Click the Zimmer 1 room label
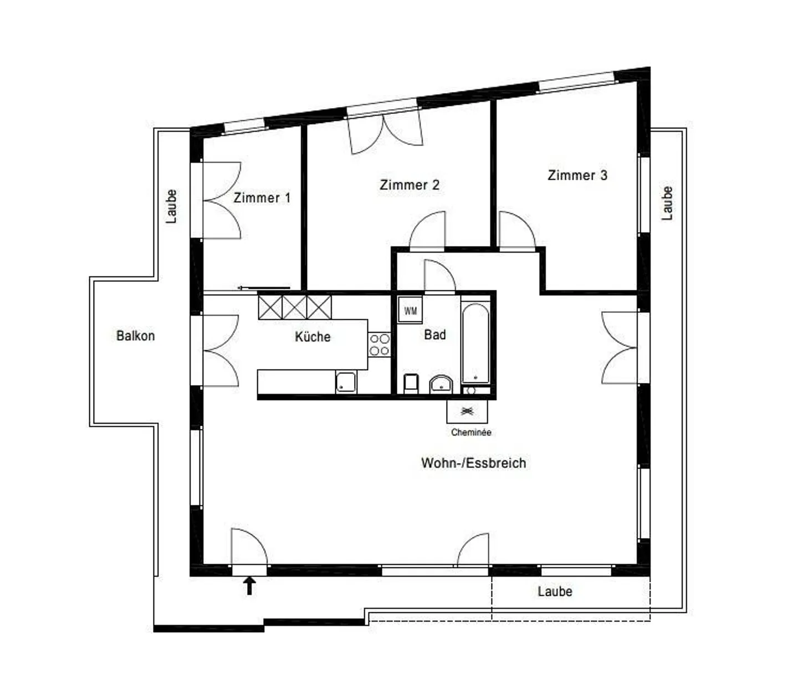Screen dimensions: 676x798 pos(262,198)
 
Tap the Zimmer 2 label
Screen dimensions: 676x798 pos(410,185)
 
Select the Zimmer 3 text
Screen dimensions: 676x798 pos(577,175)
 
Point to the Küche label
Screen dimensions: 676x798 pos(313,337)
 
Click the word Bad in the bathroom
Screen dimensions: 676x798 pos(435,335)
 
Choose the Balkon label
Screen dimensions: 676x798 pos(135,336)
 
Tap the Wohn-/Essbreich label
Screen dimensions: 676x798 pos(473,463)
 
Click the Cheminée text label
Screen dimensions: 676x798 pos(471,432)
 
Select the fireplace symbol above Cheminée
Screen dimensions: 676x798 pos(468,411)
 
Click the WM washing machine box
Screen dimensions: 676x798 pos(410,310)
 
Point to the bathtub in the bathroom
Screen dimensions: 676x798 pos(475,344)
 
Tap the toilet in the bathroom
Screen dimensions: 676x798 pos(411,383)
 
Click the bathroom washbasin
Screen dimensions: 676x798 pos(441,383)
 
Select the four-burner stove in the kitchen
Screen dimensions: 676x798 pos(380,344)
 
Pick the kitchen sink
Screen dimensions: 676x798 pos(346,382)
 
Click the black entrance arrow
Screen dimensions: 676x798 pos(249,585)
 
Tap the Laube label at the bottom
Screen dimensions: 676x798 pos(555,591)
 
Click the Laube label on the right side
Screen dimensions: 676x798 pos(667,203)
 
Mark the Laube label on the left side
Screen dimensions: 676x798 pos(172,206)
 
